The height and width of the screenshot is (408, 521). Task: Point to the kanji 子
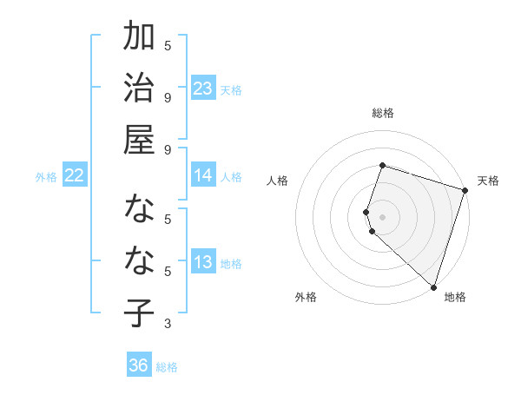[139, 314]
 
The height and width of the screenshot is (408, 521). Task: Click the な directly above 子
[139, 260]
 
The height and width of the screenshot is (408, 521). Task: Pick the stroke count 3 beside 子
[168, 324]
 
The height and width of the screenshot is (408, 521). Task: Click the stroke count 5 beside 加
[168, 45]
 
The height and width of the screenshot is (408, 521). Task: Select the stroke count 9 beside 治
[168, 96]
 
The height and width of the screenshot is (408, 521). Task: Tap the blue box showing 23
[203, 88]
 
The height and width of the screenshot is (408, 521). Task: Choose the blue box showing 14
[203, 175]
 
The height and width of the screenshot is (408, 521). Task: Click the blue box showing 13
[203, 263]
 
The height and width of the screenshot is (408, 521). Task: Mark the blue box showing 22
[75, 175]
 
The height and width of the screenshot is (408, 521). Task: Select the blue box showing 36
[139, 365]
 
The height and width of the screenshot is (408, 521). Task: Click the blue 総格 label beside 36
[167, 367]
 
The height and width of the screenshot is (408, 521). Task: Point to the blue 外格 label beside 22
[46, 177]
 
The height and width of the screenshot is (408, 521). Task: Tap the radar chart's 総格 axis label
[383, 113]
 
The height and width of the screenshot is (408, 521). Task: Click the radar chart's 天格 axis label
[488, 181]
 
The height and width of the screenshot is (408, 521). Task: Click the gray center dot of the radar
[383, 216]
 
